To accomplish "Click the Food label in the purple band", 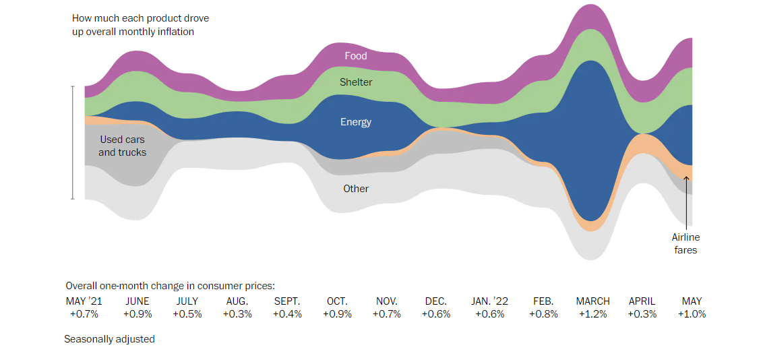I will click(355, 56).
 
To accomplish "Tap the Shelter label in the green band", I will click(355, 82).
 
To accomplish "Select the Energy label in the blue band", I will click(355, 122).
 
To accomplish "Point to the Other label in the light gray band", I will click(355, 189).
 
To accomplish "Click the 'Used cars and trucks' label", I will click(122, 146).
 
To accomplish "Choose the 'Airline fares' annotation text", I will click(685, 243).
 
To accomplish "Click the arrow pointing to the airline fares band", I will click(686, 202).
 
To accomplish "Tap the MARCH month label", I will click(592, 301).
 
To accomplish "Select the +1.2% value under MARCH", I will click(592, 313).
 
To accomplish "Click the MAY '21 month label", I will click(84, 301).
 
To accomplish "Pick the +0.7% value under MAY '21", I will click(84, 313).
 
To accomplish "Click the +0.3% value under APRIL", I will click(642, 313).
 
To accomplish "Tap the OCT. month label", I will click(337, 301).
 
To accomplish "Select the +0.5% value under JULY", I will click(187, 313).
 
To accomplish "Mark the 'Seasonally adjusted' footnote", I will click(109, 339).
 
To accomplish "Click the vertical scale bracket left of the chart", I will click(72, 143).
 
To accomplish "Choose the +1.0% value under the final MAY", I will click(692, 313).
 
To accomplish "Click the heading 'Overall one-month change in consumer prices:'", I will click(170, 286).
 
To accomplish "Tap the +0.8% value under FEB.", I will click(543, 313).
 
